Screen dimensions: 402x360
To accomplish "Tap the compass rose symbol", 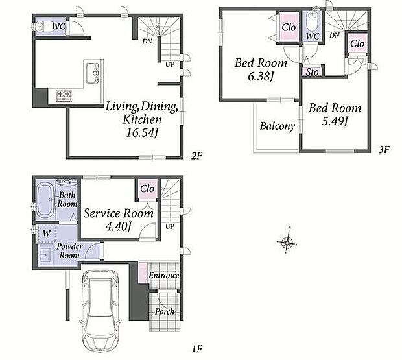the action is pyautogui.click(x=287, y=241).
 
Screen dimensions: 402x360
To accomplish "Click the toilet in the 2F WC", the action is pyautogui.click(x=42, y=27).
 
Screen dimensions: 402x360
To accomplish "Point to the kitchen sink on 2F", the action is pyautogui.click(x=92, y=73).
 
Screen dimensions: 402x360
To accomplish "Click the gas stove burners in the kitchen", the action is pyautogui.click(x=64, y=96).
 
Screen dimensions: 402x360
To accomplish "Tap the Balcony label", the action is pyautogui.click(x=277, y=126).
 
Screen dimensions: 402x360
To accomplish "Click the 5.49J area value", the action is pyautogui.click(x=335, y=121).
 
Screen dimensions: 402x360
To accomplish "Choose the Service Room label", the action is pyautogui.click(x=119, y=213).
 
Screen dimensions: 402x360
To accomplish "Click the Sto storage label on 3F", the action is pyautogui.click(x=312, y=72).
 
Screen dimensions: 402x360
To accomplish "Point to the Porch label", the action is pyautogui.click(x=165, y=311).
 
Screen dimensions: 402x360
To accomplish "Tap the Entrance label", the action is pyautogui.click(x=164, y=276).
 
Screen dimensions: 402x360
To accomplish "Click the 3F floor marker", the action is pyautogui.click(x=384, y=149).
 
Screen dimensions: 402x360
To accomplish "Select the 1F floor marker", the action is pyautogui.click(x=197, y=349).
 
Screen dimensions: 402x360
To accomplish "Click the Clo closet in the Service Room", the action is pyautogui.click(x=147, y=189).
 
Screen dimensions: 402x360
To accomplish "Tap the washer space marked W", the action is pyautogui.click(x=47, y=234).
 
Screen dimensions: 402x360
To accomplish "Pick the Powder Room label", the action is pyautogui.click(x=69, y=251).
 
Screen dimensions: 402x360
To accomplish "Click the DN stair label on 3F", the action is pyautogui.click(x=335, y=35).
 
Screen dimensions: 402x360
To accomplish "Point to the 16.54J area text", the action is pyautogui.click(x=142, y=133).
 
